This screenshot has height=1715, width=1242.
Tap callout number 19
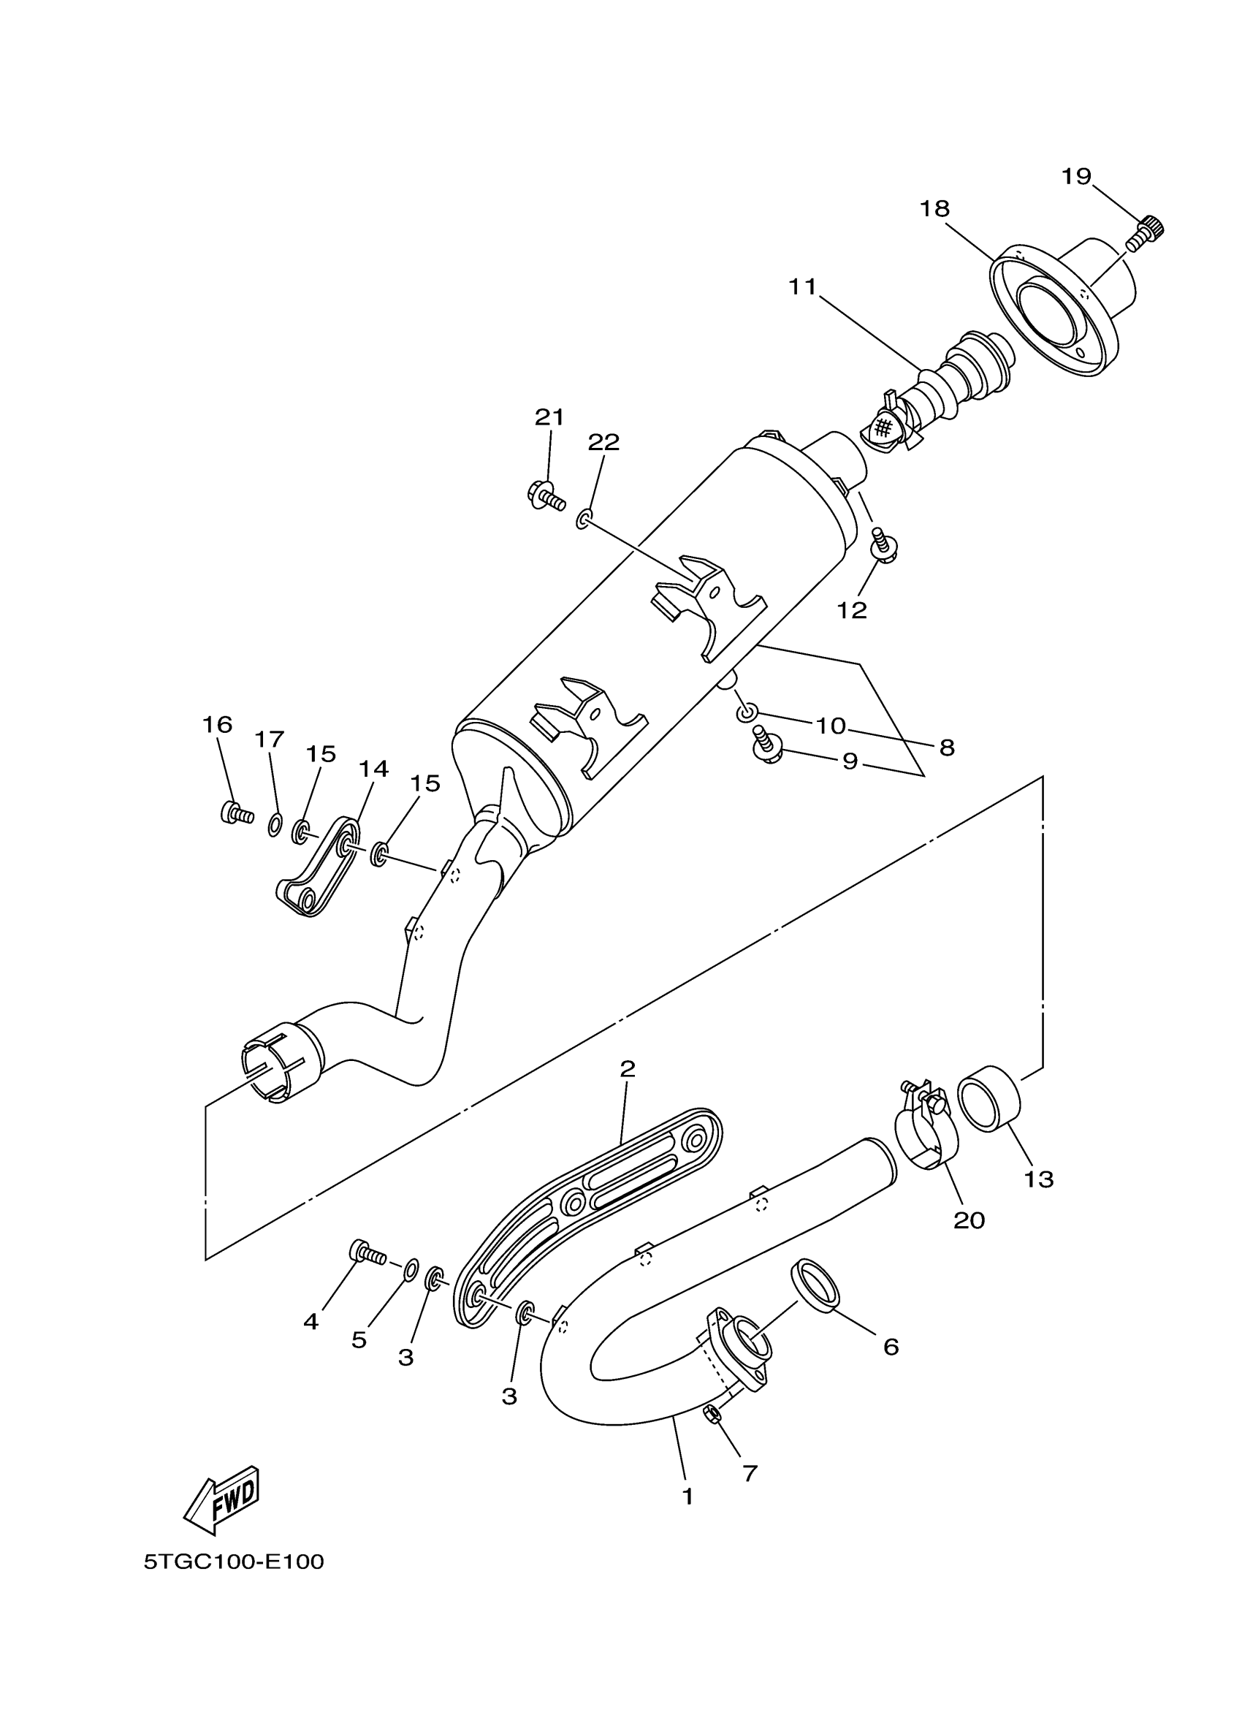[1076, 176]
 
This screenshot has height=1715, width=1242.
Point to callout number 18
[935, 208]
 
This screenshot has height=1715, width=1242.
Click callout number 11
[803, 286]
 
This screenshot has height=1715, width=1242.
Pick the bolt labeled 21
[544, 495]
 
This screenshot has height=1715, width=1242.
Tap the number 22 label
[604, 441]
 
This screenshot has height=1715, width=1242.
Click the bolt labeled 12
[882, 547]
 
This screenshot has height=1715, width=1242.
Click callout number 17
[269, 739]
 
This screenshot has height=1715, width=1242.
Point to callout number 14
[373, 768]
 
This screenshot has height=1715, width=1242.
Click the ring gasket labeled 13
[989, 1099]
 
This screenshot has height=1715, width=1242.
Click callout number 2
[628, 1068]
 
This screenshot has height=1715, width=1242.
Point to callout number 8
[947, 748]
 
